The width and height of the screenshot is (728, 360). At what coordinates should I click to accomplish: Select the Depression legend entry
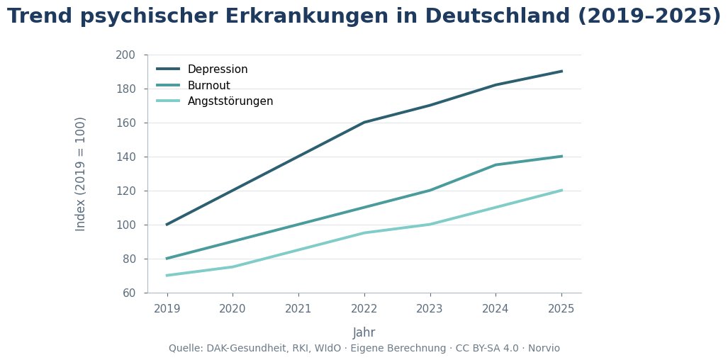click(217, 69)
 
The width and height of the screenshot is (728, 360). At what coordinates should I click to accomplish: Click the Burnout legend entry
click(208, 85)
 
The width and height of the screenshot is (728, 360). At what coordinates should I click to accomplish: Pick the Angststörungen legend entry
click(230, 101)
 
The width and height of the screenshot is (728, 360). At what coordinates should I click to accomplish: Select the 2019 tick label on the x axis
click(167, 308)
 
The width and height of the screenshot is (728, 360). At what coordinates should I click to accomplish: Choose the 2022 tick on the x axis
click(364, 308)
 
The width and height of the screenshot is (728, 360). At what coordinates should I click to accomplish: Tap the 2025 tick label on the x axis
click(561, 308)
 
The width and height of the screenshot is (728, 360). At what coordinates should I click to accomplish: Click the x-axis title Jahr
click(364, 332)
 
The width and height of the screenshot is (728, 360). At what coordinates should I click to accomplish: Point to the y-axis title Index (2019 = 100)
click(81, 174)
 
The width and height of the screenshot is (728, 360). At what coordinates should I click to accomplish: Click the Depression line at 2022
click(364, 123)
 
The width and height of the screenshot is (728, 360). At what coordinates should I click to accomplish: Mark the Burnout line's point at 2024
click(495, 165)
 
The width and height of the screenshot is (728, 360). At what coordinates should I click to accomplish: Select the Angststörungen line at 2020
click(233, 266)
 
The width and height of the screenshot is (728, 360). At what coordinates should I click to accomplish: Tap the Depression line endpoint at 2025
click(561, 71)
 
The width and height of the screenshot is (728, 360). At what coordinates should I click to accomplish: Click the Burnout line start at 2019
click(167, 259)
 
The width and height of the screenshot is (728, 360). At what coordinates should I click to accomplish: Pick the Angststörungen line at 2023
click(430, 225)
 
